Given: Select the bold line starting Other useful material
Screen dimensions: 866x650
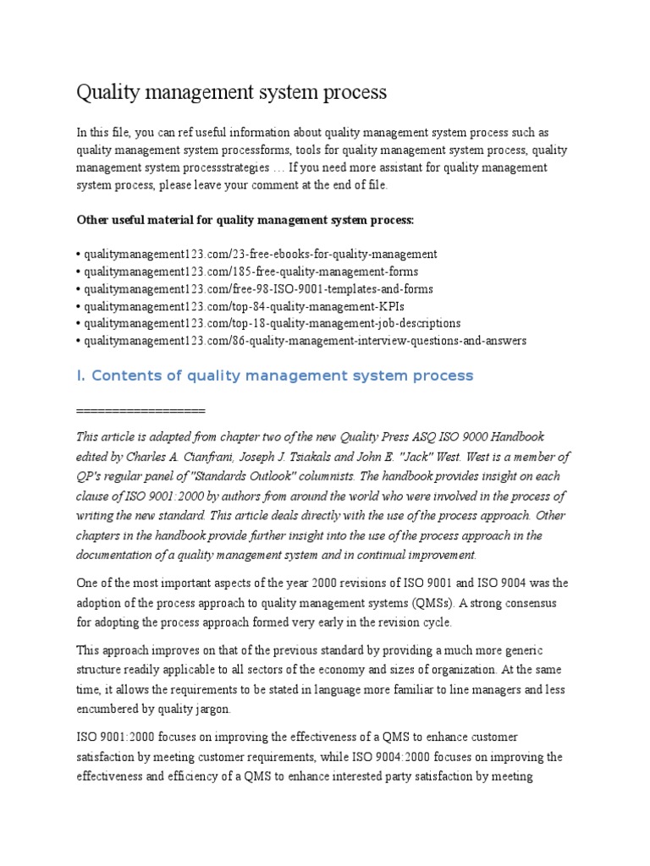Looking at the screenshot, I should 245,220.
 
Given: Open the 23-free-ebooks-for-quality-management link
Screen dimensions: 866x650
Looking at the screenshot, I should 260,254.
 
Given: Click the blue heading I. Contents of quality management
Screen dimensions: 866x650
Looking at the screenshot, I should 275,375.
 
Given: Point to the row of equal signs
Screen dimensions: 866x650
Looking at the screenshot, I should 140,410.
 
